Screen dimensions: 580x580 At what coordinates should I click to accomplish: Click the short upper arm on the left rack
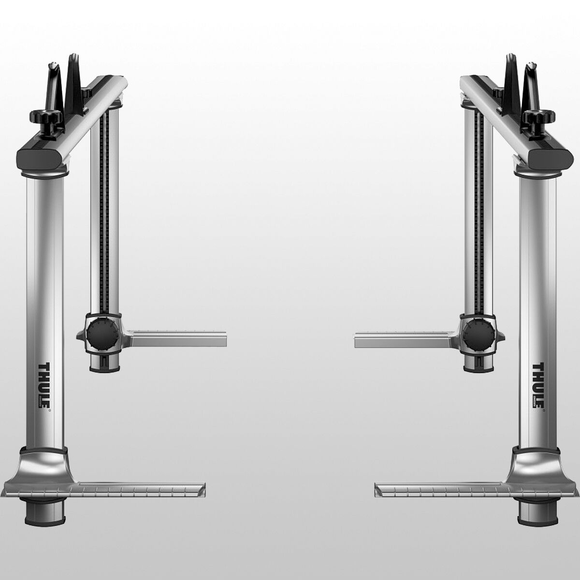[179, 338]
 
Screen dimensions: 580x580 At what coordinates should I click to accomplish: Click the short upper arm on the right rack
[401, 338]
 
